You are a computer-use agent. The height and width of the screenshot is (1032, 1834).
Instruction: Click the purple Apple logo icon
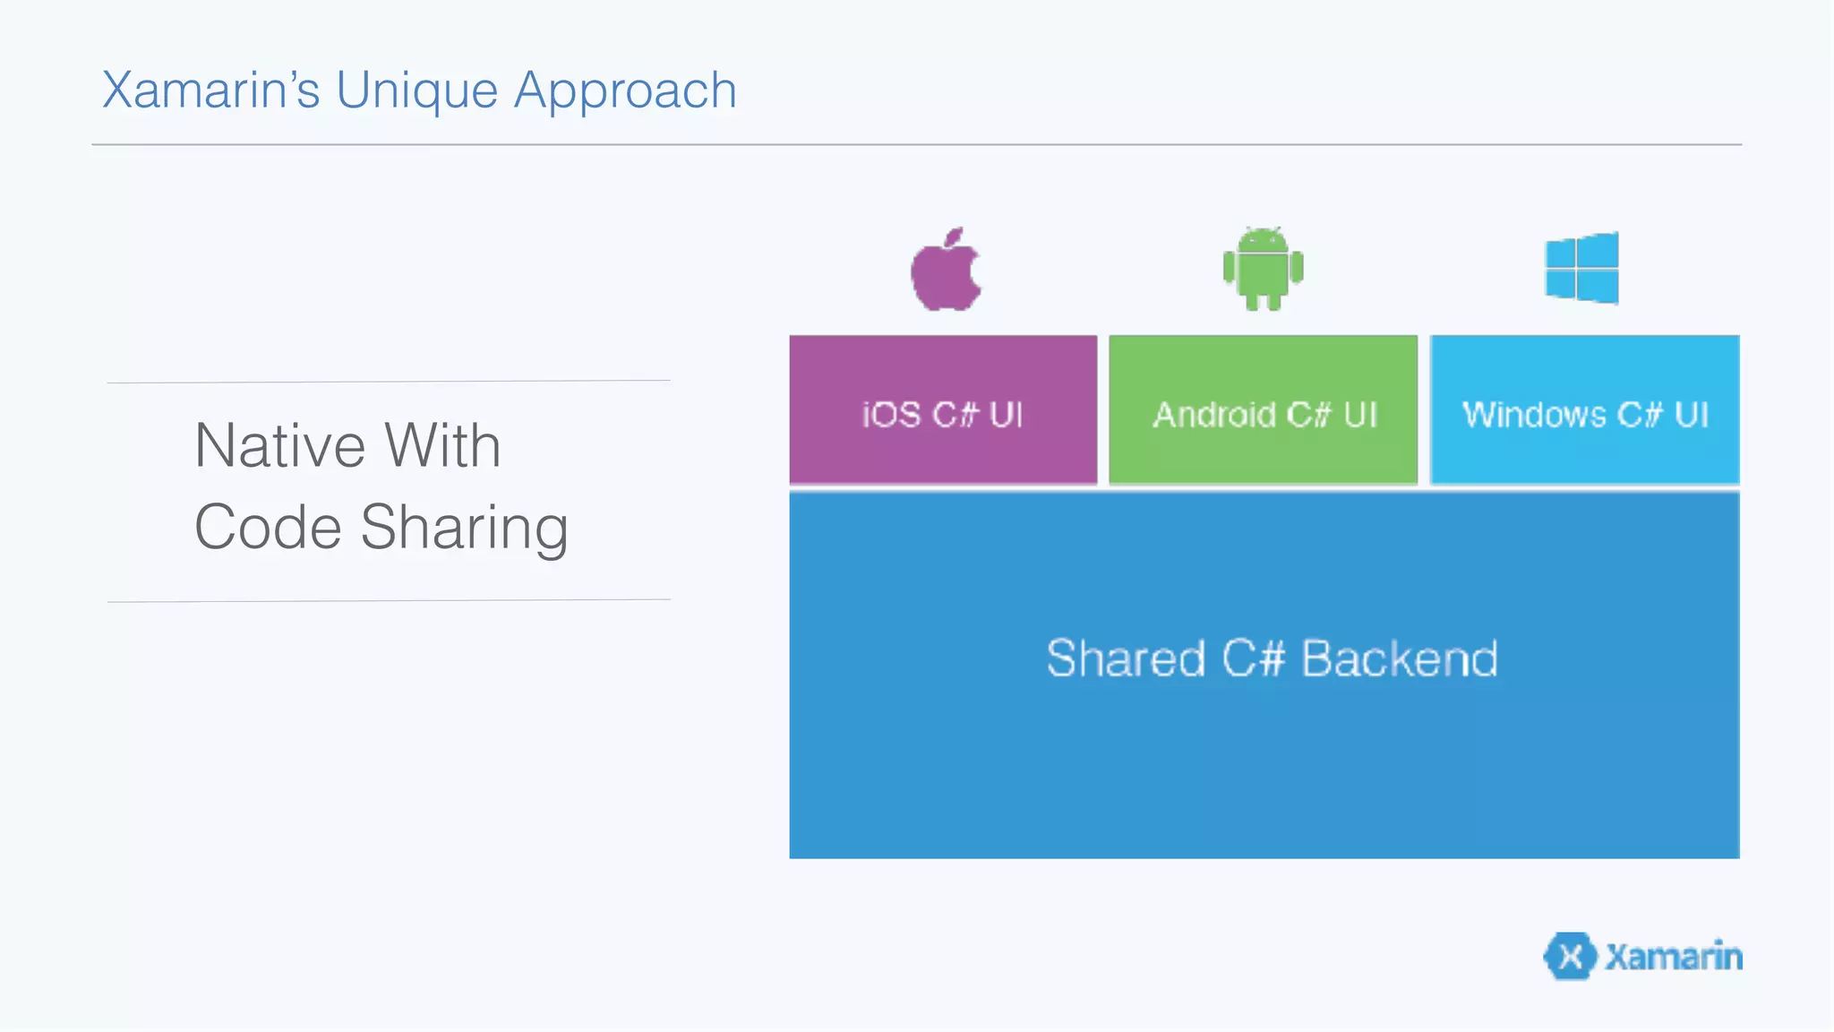(x=946, y=271)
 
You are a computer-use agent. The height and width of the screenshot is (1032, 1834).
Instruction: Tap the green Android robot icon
(x=1263, y=269)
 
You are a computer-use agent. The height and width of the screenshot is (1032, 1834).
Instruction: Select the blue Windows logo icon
(x=1581, y=268)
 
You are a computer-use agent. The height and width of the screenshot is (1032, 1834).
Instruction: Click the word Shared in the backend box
(x=1126, y=658)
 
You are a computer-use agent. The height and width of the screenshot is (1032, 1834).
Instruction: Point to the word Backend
(x=1399, y=658)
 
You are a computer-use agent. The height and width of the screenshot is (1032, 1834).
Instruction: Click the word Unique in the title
(x=416, y=90)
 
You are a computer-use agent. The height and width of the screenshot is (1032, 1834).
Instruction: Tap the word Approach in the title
(x=625, y=90)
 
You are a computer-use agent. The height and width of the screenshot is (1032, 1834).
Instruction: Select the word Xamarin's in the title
(x=211, y=90)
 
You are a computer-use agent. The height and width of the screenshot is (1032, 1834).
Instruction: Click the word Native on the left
(x=280, y=445)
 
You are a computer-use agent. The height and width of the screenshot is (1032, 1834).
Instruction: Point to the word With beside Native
(x=442, y=445)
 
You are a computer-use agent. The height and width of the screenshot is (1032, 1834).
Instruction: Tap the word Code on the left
(x=268, y=527)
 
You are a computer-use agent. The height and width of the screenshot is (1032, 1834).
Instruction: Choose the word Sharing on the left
(x=464, y=529)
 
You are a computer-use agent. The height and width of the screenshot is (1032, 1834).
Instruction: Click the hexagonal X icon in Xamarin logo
(x=1570, y=956)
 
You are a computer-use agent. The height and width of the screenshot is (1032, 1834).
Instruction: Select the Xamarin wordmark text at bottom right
(x=1673, y=956)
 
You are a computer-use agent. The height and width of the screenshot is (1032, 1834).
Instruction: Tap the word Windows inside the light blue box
(x=1534, y=415)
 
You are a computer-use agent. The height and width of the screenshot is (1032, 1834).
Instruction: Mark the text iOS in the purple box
(x=891, y=415)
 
